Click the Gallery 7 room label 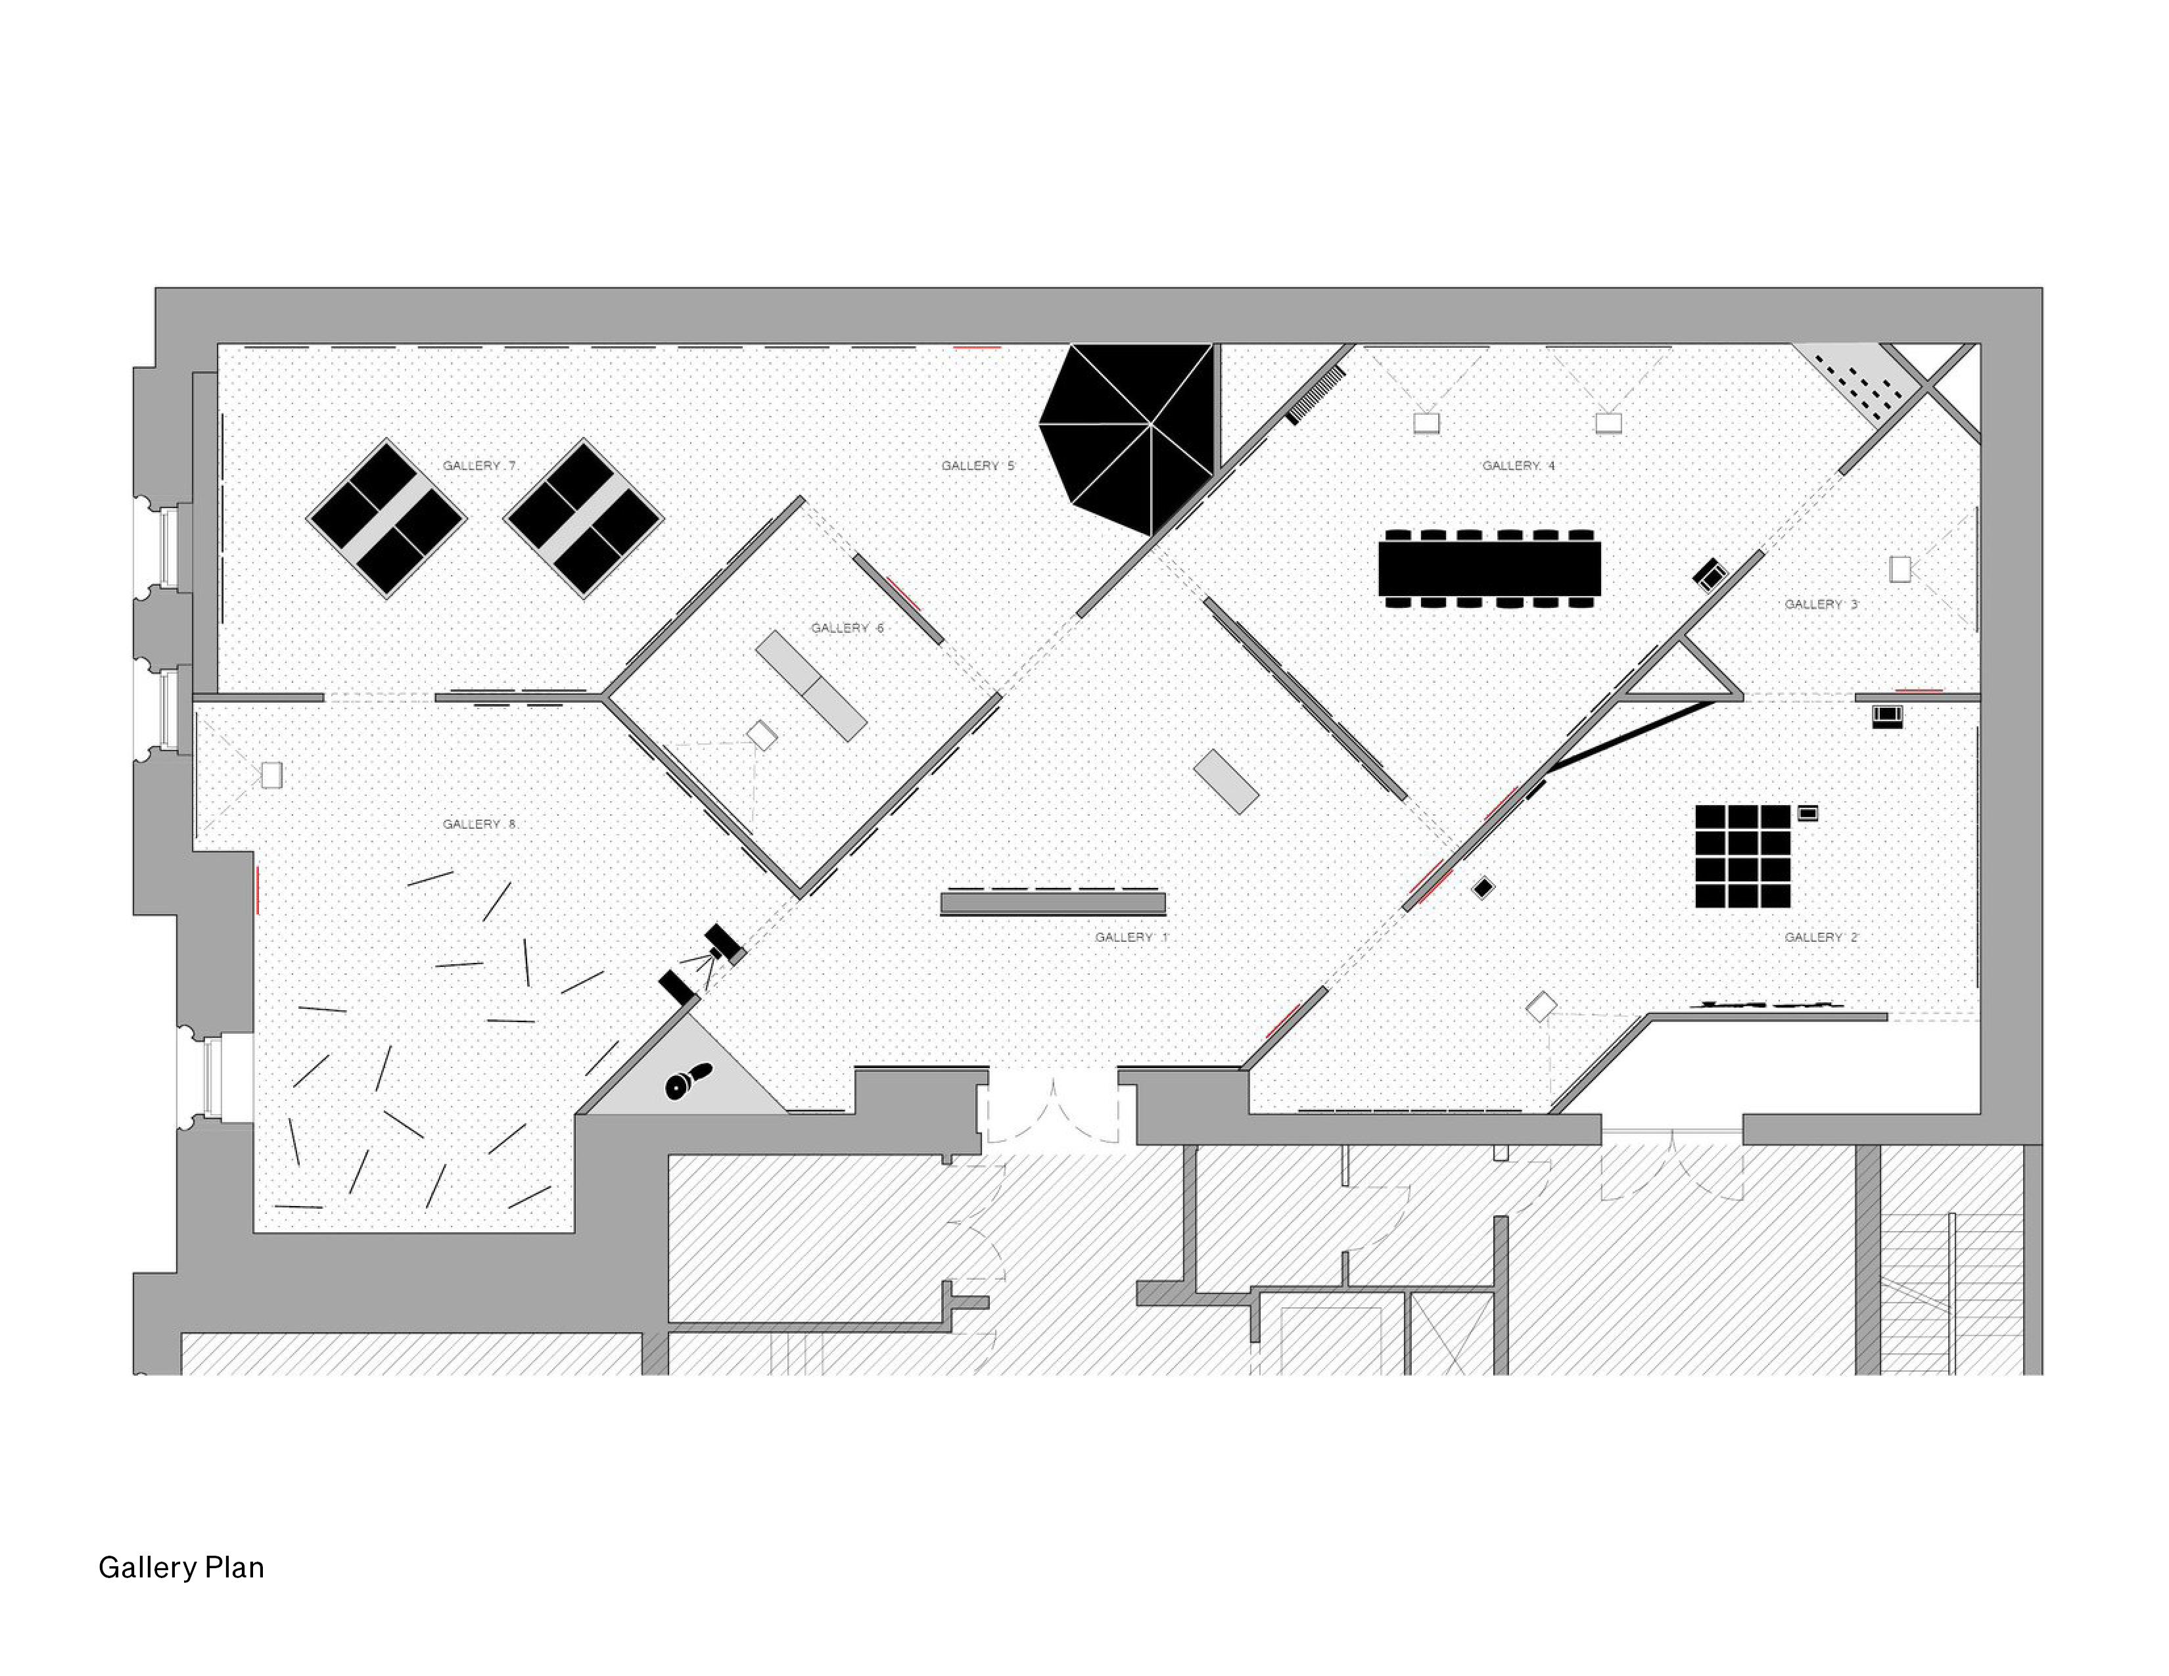(478, 466)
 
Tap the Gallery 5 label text (977, 466)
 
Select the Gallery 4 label (1518, 466)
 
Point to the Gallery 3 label (1821, 603)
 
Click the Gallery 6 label (846, 628)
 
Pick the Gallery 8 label (478, 824)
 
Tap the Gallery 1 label (1131, 937)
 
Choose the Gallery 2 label (1821, 937)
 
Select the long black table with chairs (1489, 568)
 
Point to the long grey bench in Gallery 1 (1053, 904)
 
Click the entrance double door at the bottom (1052, 1107)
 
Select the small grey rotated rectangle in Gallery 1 (1226, 781)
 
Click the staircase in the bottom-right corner (1949, 1291)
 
